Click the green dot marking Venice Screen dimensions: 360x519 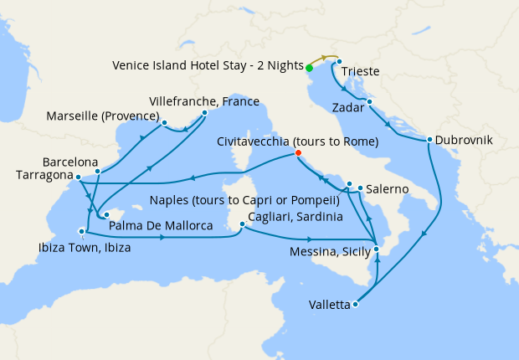click(x=309, y=68)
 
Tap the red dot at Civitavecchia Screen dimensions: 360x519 click(x=298, y=153)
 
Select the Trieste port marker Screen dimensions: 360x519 click(x=339, y=62)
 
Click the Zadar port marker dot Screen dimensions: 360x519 click(x=369, y=102)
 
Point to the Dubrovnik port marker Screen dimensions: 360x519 click(x=429, y=140)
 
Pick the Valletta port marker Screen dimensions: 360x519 click(x=356, y=305)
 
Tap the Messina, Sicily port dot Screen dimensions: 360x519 click(x=377, y=249)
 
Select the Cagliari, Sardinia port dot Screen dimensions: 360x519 click(x=242, y=224)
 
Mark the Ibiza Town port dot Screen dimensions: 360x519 click(x=82, y=231)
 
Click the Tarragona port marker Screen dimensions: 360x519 click(x=77, y=177)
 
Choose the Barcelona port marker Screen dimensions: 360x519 click(x=98, y=172)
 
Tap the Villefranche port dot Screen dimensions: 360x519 click(x=204, y=111)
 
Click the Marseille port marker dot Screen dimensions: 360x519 click(x=164, y=123)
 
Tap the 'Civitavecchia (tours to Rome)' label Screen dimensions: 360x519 click(x=298, y=141)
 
